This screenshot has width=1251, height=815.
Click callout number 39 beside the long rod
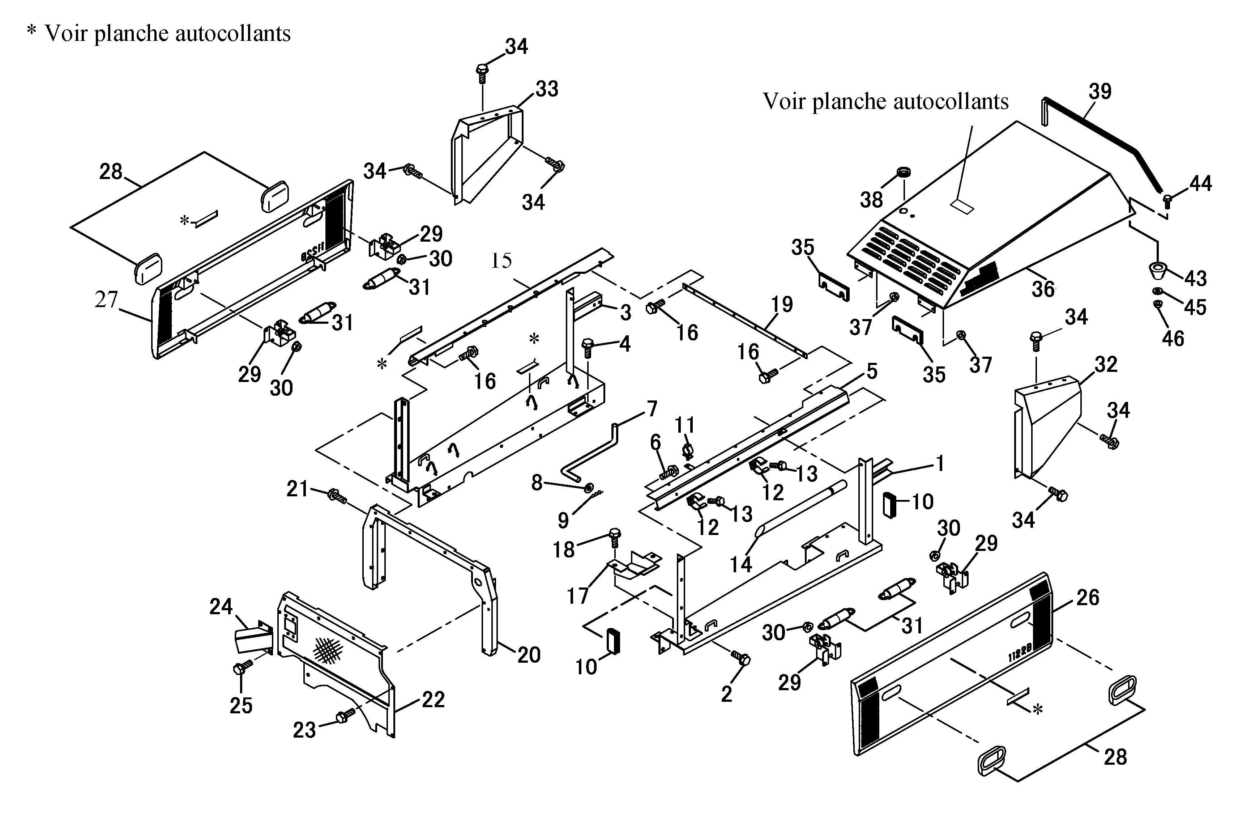pyautogui.click(x=1100, y=92)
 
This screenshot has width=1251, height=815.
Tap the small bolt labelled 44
pyautogui.click(x=1167, y=201)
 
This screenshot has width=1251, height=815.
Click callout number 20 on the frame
pyautogui.click(x=529, y=655)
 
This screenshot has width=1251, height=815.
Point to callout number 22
pyautogui.click(x=433, y=700)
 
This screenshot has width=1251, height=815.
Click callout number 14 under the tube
pyautogui.click(x=741, y=564)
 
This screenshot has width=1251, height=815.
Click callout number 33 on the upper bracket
pyautogui.click(x=547, y=89)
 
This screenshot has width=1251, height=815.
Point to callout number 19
pyautogui.click(x=782, y=304)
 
